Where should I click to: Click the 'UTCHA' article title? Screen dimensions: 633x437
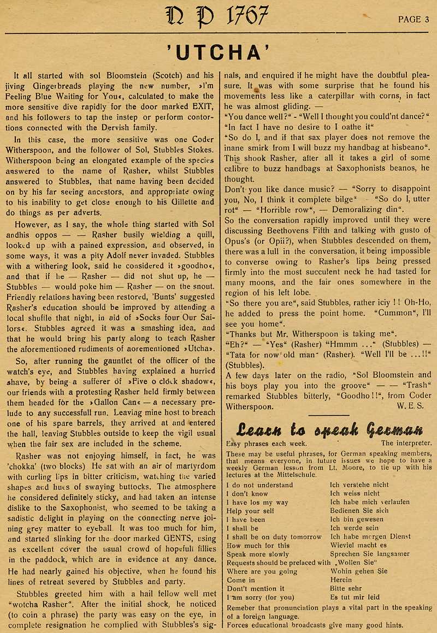pos(218,53)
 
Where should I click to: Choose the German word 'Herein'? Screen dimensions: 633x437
pos(342,580)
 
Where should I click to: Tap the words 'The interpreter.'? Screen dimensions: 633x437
pos(406,443)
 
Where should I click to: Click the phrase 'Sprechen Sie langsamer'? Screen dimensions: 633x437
pos(370,554)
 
